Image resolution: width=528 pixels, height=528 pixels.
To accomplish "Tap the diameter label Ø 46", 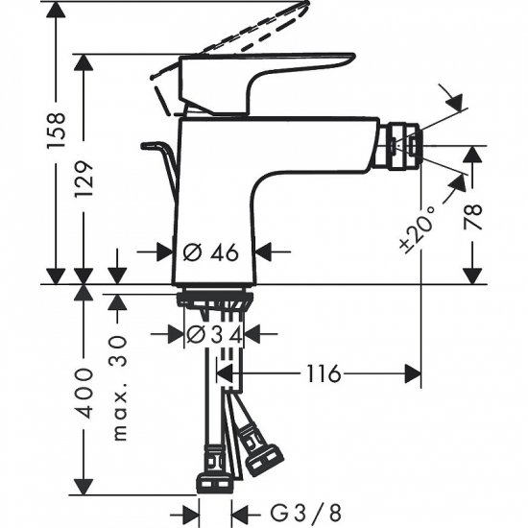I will [209, 252].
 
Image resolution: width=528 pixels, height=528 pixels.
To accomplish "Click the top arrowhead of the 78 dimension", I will [471, 154].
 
